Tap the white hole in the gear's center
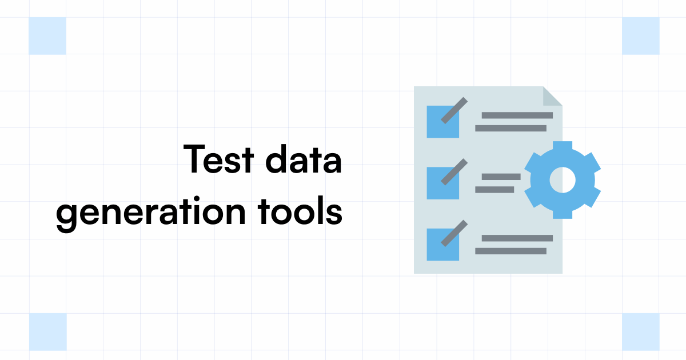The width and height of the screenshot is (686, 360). (563, 179)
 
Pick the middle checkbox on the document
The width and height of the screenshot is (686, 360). (442, 183)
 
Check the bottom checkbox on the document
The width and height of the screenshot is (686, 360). (442, 245)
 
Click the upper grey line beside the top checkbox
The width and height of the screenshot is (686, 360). (517, 115)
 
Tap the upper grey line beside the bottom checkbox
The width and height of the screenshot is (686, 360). (517, 238)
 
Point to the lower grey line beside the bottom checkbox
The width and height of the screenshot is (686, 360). (510, 251)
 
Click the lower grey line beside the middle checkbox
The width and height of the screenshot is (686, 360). (494, 190)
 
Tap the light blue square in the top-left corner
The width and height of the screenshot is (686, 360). (47, 35)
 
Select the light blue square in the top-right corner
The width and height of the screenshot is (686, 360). (641, 35)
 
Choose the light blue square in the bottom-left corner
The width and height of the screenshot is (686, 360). (47, 331)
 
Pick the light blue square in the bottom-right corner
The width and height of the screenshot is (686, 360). (641, 331)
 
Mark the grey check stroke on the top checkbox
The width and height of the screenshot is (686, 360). (454, 110)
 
